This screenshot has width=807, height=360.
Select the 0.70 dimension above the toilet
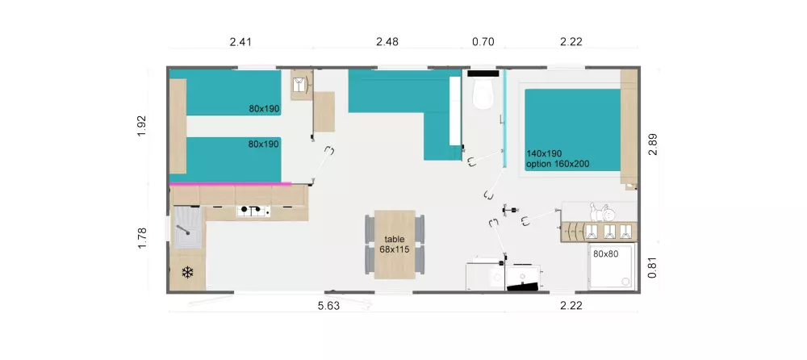coord(483,42)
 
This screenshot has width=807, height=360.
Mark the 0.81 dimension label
coord(652,266)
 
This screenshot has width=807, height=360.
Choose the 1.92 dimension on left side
coord(142,127)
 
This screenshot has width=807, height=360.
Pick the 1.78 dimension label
coord(142,237)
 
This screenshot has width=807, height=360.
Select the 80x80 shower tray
coord(611,266)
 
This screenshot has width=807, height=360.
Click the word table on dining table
coord(395,240)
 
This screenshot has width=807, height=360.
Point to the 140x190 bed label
coord(544,153)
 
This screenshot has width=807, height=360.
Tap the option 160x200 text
coord(558,164)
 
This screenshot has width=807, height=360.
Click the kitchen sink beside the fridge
coord(186,227)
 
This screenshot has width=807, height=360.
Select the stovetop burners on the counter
coord(252,211)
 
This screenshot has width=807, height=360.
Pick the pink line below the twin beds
coord(230,184)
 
